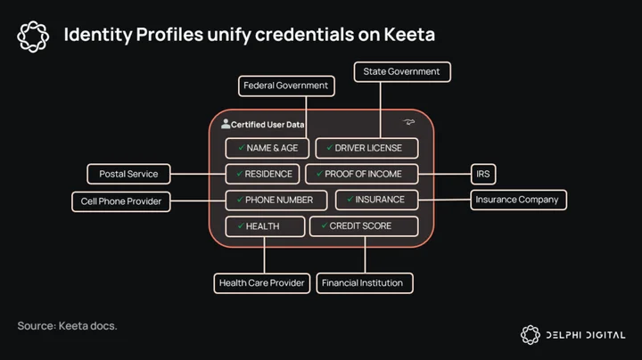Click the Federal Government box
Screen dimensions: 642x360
[x=286, y=86]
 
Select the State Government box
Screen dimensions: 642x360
[x=402, y=72]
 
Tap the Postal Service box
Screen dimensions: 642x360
[x=128, y=174]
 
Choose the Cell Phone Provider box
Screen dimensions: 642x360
[x=121, y=201]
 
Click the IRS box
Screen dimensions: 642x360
[x=483, y=174]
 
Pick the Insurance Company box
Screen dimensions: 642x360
[x=518, y=200]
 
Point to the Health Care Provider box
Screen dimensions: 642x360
[x=262, y=283]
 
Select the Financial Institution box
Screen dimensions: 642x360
[x=365, y=283]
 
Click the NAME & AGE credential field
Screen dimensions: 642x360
[x=267, y=148]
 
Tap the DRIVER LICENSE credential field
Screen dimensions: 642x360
[x=366, y=148]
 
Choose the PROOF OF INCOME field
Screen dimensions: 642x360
[x=362, y=174]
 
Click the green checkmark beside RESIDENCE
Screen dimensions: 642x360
[x=240, y=174]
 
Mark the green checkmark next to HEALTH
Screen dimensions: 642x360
[x=241, y=225]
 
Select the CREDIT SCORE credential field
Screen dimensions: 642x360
[x=364, y=226]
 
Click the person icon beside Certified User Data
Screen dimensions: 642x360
[x=226, y=124]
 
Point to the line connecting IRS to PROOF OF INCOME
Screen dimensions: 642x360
[x=444, y=174]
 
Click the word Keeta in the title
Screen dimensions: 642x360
[x=409, y=35]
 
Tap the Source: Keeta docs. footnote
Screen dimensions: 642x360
[x=67, y=326]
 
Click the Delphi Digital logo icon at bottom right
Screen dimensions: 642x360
[x=531, y=335]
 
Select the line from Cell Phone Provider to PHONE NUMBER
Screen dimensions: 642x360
[x=198, y=200]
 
